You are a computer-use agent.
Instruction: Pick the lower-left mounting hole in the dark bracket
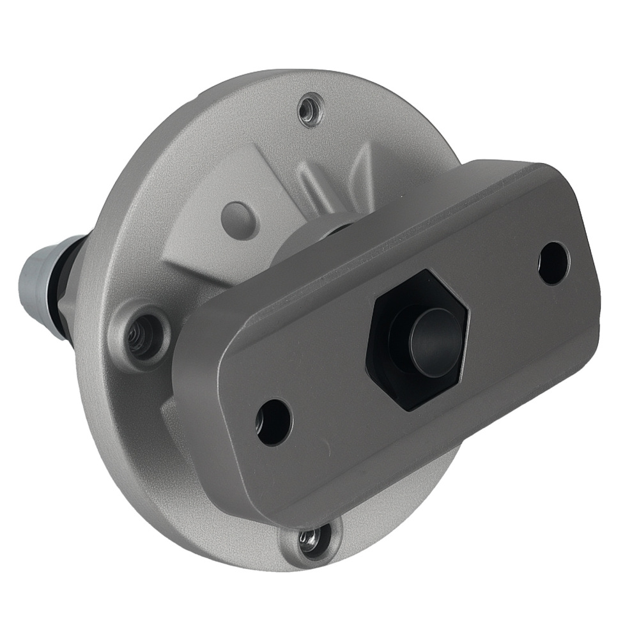(x=273, y=422)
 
